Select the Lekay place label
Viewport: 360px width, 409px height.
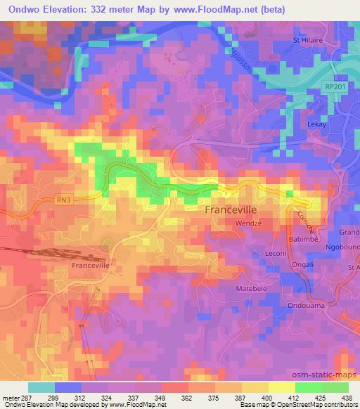[x=319, y=124]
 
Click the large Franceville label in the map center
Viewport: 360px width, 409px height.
[x=236, y=209]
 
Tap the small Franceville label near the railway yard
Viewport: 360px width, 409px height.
[x=91, y=266]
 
